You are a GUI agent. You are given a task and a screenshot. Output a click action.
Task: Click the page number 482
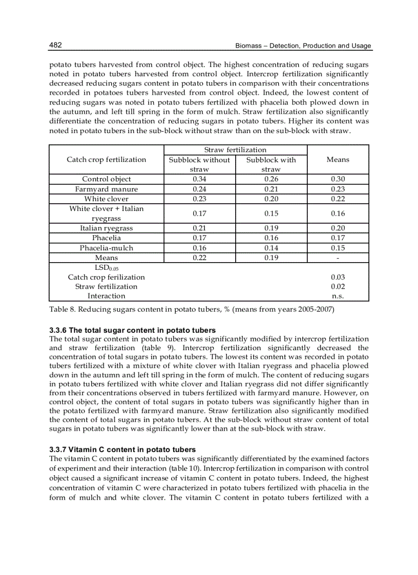55,46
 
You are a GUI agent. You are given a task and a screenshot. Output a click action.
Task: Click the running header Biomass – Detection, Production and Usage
303,46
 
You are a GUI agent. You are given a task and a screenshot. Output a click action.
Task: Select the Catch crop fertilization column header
107,159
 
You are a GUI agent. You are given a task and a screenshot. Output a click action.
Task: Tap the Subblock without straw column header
199,164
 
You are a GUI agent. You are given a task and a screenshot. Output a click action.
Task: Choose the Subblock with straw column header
271,164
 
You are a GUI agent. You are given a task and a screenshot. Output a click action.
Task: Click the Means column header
338,159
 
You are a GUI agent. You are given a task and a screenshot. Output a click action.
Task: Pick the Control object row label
107,179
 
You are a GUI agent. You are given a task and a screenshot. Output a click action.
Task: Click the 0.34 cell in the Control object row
199,179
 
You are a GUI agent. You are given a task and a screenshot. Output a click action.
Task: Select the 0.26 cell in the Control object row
271,179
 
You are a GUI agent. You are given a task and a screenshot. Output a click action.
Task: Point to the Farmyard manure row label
107,189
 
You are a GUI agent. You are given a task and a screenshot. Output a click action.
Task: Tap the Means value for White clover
338,199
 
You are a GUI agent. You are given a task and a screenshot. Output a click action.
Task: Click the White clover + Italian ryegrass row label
107,214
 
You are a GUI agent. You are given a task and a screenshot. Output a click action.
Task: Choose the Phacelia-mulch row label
107,248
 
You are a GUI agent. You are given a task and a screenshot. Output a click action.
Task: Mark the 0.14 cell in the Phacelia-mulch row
271,248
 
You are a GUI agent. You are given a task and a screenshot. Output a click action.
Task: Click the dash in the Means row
338,258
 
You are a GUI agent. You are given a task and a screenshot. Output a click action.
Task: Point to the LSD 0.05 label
107,268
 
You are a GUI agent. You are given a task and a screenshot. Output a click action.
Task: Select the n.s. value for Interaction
338,296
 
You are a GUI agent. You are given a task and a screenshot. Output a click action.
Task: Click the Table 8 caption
192,310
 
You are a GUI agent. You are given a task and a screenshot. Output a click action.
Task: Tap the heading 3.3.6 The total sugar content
132,330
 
